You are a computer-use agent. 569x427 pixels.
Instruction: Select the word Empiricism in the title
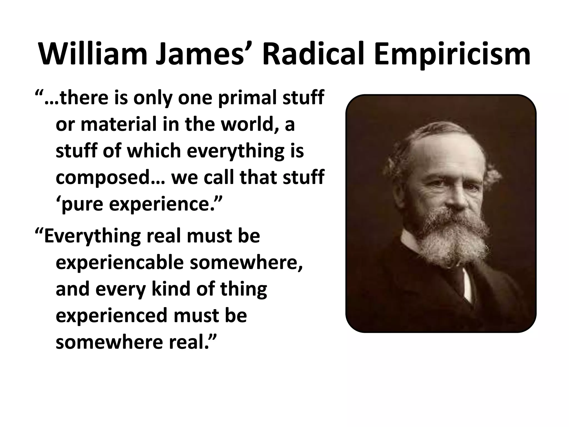pyautogui.click(x=451, y=54)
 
